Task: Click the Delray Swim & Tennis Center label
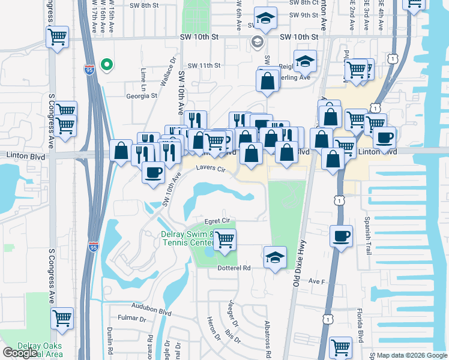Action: click(187, 238)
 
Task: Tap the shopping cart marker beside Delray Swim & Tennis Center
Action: click(224, 239)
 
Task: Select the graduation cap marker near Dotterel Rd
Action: click(276, 257)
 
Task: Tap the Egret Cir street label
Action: click(217, 221)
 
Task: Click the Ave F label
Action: click(316, 281)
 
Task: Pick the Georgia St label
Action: click(141, 95)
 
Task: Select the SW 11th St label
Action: click(204, 65)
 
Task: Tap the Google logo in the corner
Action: click(20, 353)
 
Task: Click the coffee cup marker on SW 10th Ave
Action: click(152, 173)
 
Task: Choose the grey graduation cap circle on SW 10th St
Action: click(257, 41)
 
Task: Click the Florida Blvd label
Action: click(362, 322)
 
